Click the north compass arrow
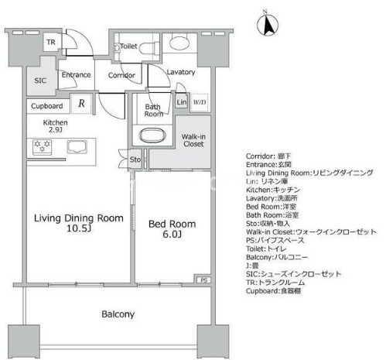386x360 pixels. pos(268,25)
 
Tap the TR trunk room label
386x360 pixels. pos(51,42)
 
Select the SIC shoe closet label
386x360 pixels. pos(40,81)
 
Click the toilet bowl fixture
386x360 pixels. pos(149,47)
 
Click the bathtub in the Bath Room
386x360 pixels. pos(152,135)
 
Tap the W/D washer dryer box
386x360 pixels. pos(200,102)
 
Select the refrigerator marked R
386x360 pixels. pos(81,104)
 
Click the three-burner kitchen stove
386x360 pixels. pos(43,147)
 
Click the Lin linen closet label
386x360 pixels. pos(182,102)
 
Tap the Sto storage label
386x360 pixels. pos(135,159)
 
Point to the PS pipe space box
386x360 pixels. pos(203,280)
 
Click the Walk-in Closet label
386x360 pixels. pos(193,140)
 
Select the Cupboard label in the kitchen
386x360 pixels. pos(47,106)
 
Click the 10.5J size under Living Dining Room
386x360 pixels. pos(79,228)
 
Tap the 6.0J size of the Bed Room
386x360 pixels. pos(172,235)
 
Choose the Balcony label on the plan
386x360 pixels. pos(118,314)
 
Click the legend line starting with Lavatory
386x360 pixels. pos(272,198)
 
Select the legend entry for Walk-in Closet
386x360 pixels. pos(311,231)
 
